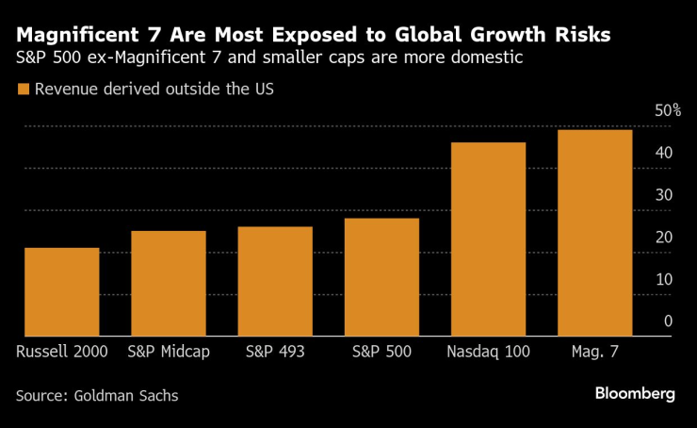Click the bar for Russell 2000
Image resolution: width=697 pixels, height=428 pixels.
(x=62, y=291)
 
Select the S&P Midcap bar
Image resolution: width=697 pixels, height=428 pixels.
(x=169, y=283)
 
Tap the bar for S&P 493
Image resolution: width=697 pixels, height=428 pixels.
(x=275, y=281)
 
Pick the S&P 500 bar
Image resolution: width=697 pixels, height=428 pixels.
(x=381, y=277)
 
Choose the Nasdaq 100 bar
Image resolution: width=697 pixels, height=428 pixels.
(x=488, y=239)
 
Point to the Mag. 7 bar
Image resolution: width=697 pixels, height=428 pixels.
(x=594, y=233)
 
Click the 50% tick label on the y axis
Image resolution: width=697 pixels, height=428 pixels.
(x=668, y=111)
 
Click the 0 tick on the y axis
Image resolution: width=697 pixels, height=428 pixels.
(x=668, y=321)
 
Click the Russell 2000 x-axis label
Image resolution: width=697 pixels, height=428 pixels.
(x=62, y=352)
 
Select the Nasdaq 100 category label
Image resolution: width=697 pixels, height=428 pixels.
(x=488, y=352)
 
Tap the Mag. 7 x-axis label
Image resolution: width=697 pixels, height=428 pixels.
(x=594, y=352)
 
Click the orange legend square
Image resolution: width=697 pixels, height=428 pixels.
(x=23, y=91)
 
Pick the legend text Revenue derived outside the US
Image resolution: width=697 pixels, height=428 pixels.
(x=154, y=91)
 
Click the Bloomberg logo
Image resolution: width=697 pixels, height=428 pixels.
(x=634, y=394)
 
